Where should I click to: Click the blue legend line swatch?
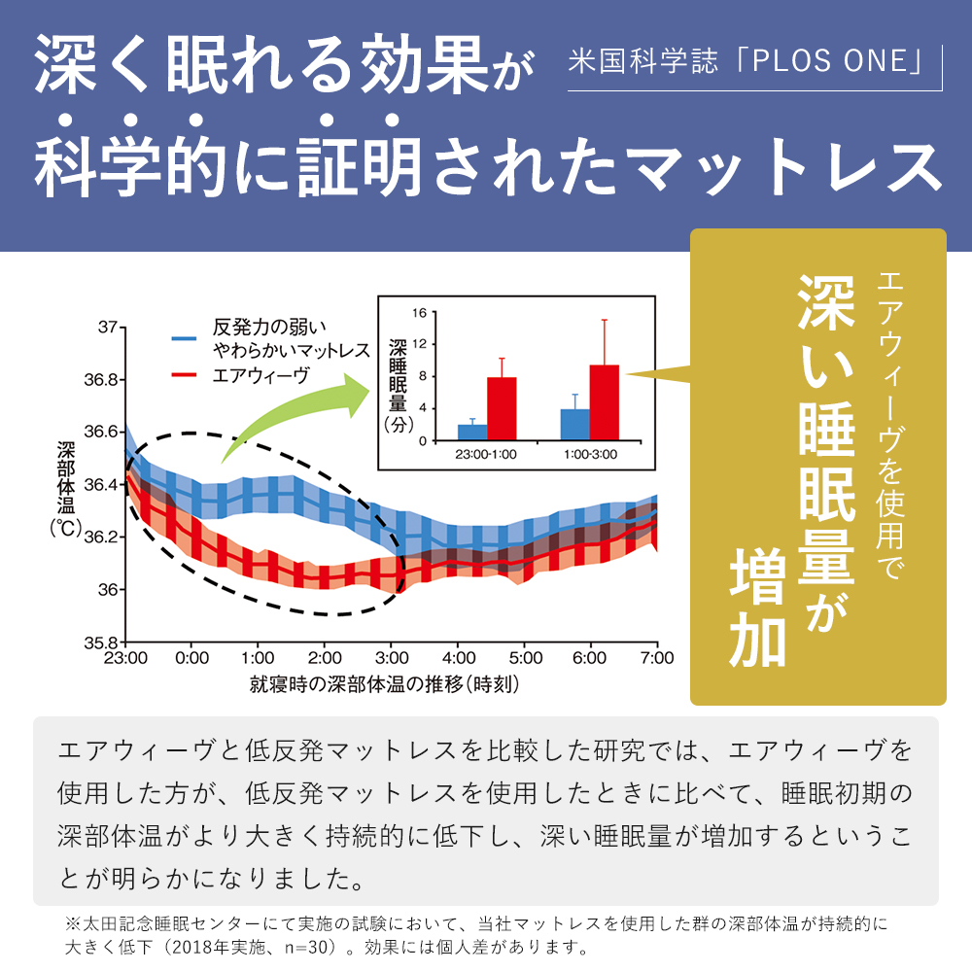pos(186,338)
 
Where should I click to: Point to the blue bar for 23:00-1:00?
pos(472,433)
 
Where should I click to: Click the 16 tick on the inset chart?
pos(420,312)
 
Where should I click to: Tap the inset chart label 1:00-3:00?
pos(589,454)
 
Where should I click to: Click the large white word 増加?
pos(757,608)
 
